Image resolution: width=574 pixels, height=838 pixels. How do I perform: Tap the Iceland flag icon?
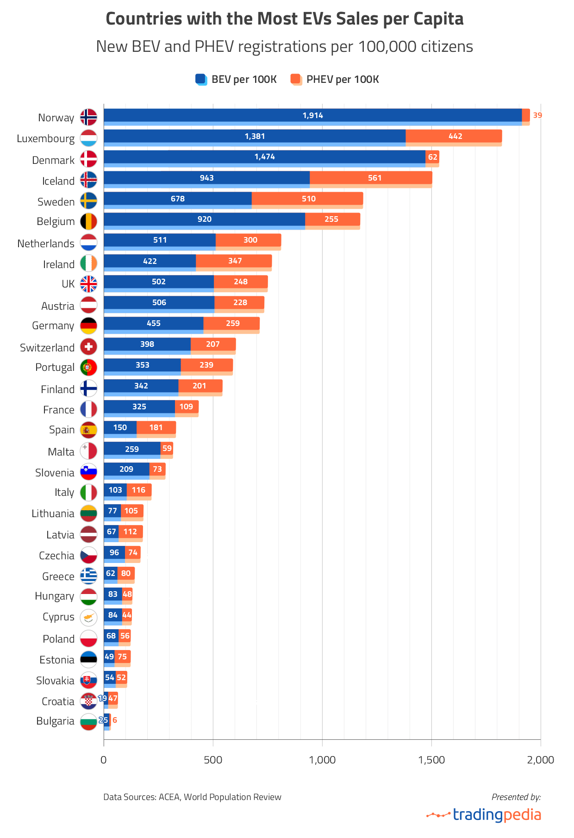(x=88, y=180)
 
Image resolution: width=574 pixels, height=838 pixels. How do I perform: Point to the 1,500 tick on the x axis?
(x=431, y=760)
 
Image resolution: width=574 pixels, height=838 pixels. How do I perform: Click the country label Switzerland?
(x=47, y=348)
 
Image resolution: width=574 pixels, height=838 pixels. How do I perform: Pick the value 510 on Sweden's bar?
(x=308, y=199)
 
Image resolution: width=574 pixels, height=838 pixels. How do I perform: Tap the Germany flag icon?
(x=88, y=325)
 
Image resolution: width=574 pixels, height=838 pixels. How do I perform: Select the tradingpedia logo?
(x=484, y=814)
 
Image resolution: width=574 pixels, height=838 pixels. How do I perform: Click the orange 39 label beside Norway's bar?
(x=537, y=115)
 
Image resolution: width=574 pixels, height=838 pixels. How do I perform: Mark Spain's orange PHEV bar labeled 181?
(x=156, y=428)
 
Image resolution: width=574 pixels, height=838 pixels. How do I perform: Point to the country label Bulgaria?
(x=55, y=721)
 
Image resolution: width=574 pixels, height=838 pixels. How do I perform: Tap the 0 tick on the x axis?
(x=104, y=760)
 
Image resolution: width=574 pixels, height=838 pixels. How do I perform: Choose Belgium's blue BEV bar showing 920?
(x=204, y=219)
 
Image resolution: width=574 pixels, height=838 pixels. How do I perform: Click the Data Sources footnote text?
(x=192, y=797)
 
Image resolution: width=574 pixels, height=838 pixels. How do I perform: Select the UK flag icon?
(x=88, y=284)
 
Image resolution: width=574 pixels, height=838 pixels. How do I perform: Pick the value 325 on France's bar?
(x=139, y=406)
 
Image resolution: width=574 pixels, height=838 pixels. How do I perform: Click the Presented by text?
(x=516, y=797)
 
